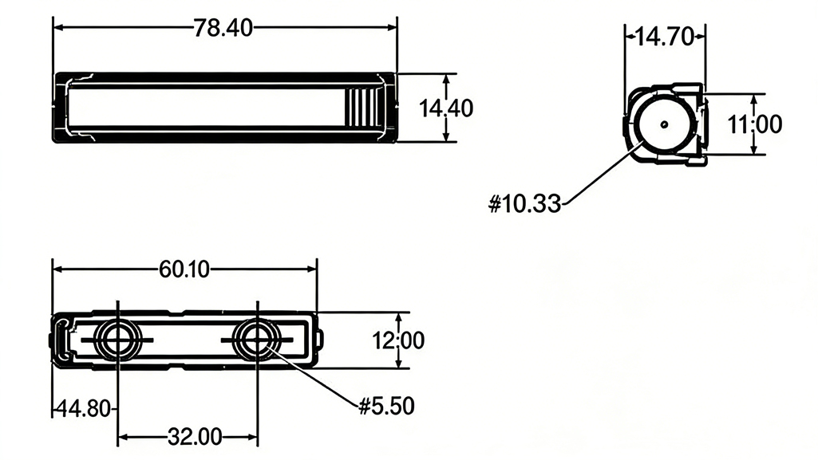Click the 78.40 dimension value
223,28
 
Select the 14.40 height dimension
446,108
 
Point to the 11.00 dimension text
754,124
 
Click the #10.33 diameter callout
524,204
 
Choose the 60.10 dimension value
184,269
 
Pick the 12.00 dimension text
398,340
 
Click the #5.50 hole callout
386,406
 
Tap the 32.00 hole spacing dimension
194,436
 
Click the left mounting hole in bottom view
117,340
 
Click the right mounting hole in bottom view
257,340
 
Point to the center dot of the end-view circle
663,124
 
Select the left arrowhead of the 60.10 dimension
58,269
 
